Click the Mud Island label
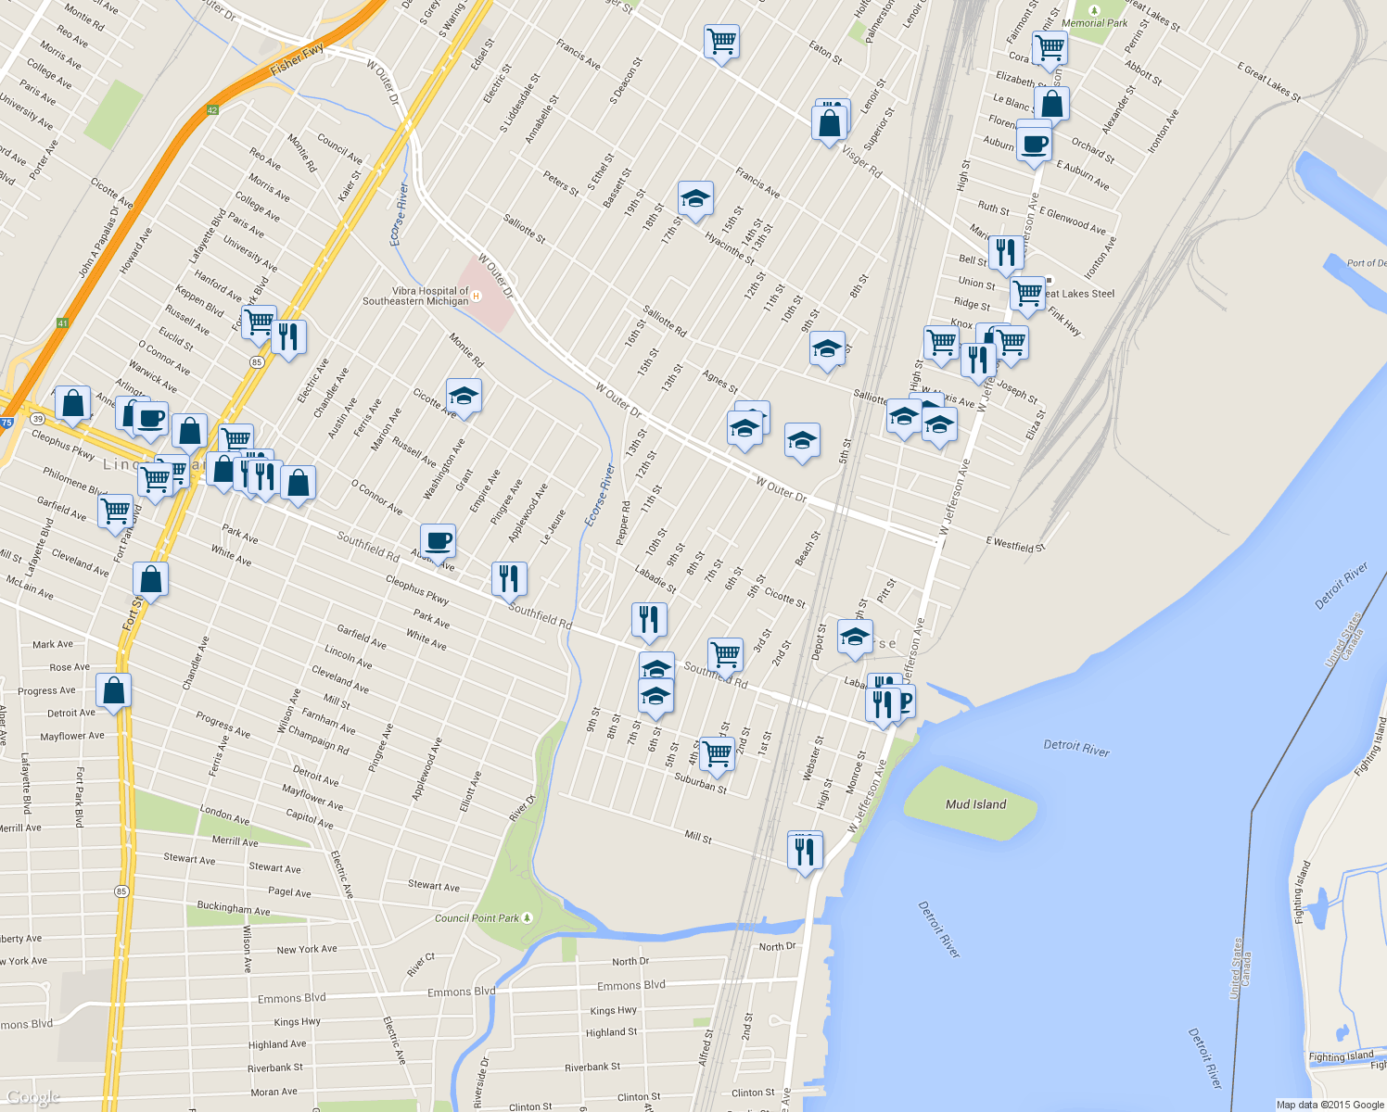pos(975,804)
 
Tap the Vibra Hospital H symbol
pos(477,297)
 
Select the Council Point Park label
pos(477,918)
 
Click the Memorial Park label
pos(1095,23)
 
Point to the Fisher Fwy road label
pos(297,60)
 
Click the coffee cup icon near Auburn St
pos(1034,144)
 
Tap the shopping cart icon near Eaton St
pos(721,42)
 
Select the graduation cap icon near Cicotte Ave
pos(464,397)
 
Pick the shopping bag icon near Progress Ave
pos(113,691)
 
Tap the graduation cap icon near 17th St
pos(695,198)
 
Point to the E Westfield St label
pos(1015,545)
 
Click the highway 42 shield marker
pos(212,110)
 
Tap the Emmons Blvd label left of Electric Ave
pos(292,998)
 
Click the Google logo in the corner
pos(32,1098)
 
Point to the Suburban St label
pos(700,784)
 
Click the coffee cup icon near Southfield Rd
pos(438,541)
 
